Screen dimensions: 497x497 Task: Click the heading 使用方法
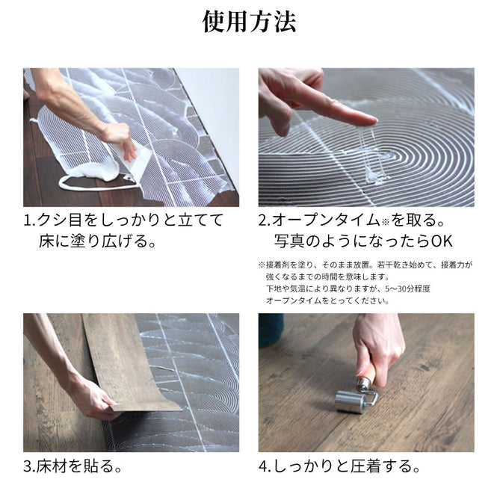tap(249, 22)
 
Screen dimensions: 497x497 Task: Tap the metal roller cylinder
tap(350, 402)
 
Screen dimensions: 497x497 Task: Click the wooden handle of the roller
tap(368, 374)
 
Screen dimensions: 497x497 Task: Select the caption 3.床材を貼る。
tap(72, 466)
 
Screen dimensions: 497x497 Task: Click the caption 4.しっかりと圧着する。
tap(339, 466)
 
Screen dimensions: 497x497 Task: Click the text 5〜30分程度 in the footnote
tap(407, 288)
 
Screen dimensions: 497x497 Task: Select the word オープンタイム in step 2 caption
tap(326, 220)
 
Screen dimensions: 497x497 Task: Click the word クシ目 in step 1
tap(60, 220)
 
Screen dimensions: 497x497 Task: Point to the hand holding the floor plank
tap(92, 397)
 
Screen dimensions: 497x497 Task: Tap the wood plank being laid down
tap(127, 361)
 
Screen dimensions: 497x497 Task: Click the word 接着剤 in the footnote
tap(278, 265)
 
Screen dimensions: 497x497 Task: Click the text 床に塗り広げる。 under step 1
tap(98, 241)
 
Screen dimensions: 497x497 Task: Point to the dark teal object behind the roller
tap(271, 330)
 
